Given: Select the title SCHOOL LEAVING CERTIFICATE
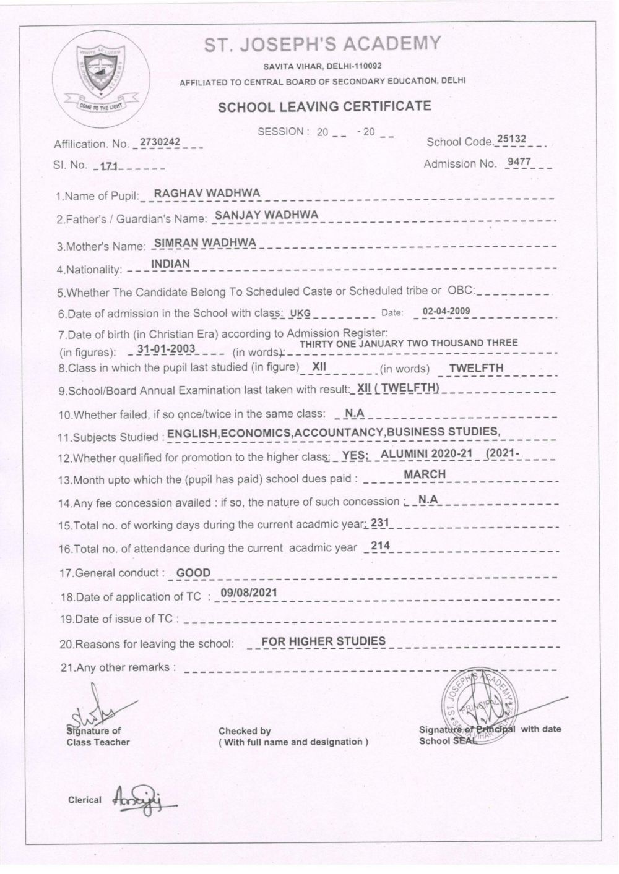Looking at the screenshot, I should coord(324,106).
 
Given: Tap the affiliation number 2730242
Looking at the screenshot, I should coord(160,142).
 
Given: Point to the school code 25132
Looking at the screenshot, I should coord(511,139).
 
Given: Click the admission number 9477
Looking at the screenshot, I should coord(519,163).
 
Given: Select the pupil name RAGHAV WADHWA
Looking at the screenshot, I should coord(207,192).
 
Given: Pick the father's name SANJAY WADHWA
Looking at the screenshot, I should coord(266,215).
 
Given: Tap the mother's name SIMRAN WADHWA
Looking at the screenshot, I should coord(205,242).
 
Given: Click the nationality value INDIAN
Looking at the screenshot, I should coord(170,263).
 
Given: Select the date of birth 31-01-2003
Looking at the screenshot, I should coord(166,349).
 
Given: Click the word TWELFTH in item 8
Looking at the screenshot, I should coord(476,368).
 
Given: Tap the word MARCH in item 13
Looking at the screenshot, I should coord(424,474).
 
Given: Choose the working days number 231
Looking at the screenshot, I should coord(379,523).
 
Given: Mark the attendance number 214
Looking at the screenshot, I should coord(377,546).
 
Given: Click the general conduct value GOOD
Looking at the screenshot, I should coord(193,573).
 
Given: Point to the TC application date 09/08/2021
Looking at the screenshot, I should coord(244,593).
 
